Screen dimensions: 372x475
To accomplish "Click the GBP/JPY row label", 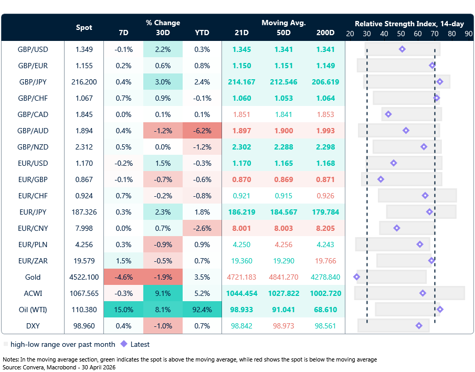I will coord(33,82).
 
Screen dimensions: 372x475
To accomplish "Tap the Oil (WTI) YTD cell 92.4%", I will coord(202,310).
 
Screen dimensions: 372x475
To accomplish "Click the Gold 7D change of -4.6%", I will coord(123,277).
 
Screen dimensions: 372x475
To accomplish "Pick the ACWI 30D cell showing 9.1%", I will coord(163,293).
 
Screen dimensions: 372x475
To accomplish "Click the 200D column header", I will coord(325,33).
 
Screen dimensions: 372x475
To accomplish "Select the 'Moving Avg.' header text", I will coord(283,23).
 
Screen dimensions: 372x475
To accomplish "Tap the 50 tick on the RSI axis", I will coord(401,33).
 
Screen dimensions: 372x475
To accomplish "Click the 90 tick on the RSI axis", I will coord(469,33).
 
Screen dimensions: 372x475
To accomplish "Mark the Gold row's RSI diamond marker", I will coord(357,277).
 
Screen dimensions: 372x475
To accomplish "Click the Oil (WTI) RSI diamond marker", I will coord(440,309).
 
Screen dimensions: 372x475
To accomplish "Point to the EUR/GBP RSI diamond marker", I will coord(381,179).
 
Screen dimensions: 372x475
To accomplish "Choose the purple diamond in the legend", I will coord(124,344).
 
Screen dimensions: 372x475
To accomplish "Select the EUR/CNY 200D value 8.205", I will coord(325,228).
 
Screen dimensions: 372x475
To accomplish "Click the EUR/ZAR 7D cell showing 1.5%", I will coord(123,261).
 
